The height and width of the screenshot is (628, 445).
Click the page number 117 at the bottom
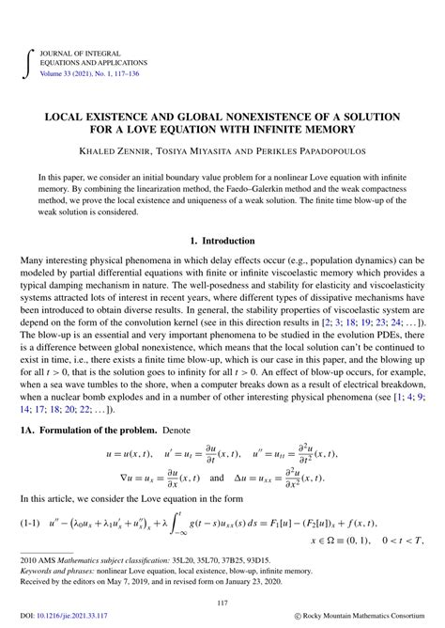[222, 604]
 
